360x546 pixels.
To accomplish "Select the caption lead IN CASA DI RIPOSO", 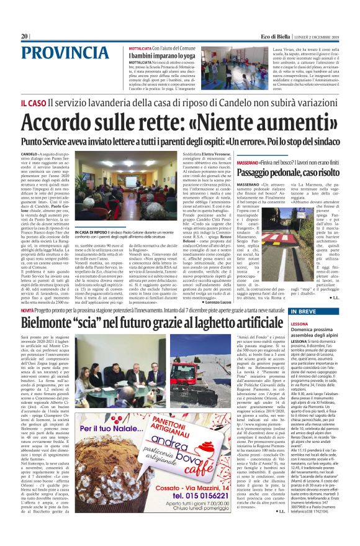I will pyautogui.click(x=92, y=214).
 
